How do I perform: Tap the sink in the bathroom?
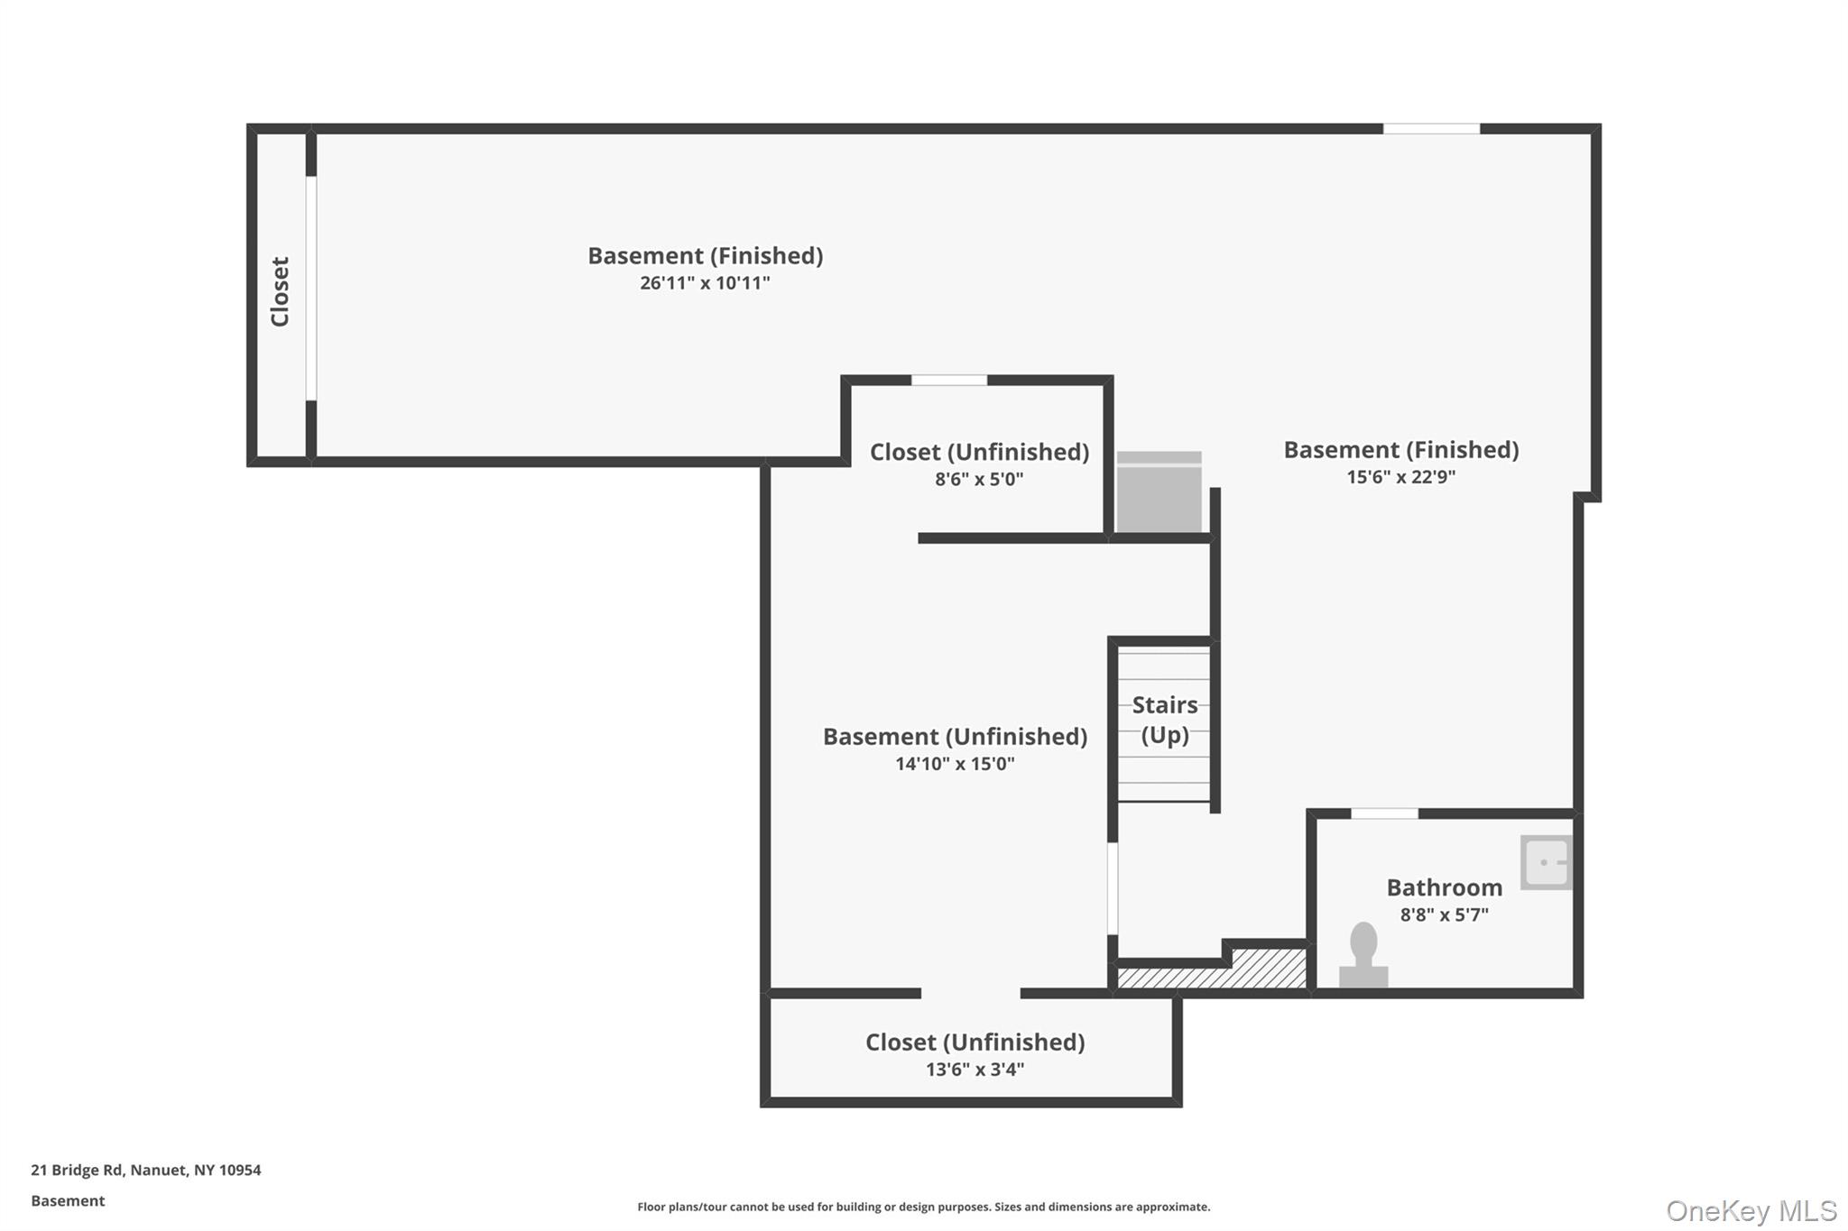click(1546, 862)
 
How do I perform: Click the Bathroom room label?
click(1444, 887)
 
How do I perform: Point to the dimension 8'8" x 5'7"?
click(1444, 914)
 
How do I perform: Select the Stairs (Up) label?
click(1165, 720)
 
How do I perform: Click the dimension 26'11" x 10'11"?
click(705, 283)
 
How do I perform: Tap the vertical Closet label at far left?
click(280, 291)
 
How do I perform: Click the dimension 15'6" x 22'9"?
click(1400, 477)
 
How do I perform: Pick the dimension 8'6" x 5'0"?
click(979, 479)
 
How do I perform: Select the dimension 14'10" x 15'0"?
click(955, 764)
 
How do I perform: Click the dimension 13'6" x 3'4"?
click(975, 1070)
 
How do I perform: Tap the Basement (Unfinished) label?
click(955, 737)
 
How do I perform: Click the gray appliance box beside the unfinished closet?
click(1159, 492)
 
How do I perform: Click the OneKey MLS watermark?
click(1751, 1210)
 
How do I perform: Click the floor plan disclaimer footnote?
click(923, 1207)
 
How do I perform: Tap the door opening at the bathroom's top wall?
click(1384, 813)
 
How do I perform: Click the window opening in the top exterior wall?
click(1431, 129)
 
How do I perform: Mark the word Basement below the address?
click(68, 1200)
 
